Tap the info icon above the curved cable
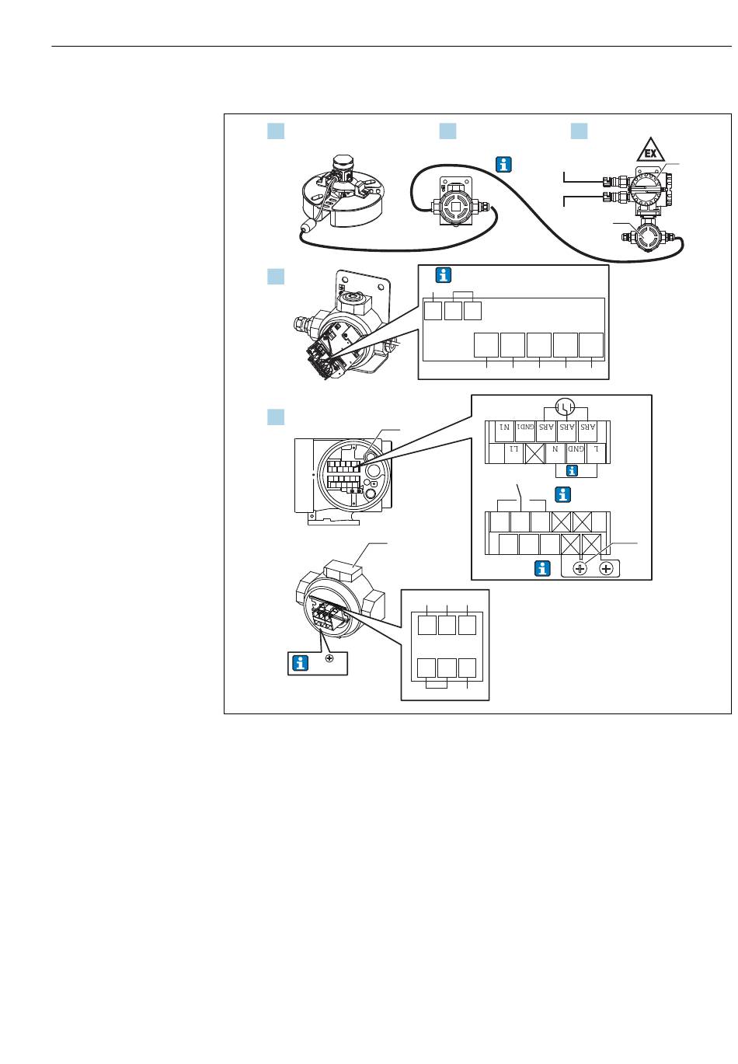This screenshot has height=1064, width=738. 504,164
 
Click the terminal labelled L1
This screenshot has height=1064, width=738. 513,451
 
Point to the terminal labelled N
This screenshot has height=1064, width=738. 555,451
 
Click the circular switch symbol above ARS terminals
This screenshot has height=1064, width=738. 566,406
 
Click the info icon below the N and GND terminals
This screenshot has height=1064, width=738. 573,471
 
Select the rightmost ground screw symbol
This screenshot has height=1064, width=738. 606,569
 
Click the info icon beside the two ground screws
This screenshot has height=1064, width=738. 543,569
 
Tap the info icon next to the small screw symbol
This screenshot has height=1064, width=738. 300,663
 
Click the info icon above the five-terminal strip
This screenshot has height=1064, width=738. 444,275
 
